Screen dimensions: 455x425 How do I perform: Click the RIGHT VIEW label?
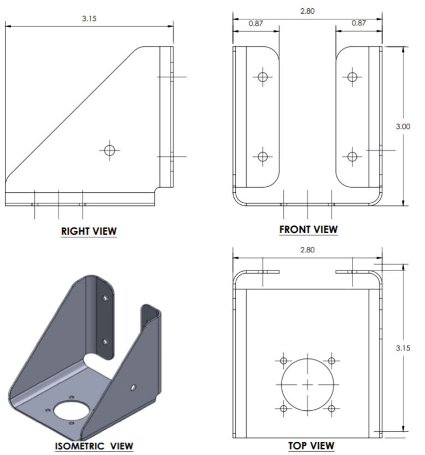pos(89,231)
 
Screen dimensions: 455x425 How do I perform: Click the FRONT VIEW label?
pos(308,229)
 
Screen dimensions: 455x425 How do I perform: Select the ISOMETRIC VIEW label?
pos(94,446)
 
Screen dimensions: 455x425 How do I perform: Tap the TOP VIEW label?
pos(311,445)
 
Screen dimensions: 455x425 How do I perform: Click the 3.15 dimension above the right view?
pos(89,18)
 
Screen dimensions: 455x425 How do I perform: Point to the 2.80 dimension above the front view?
pos(308,10)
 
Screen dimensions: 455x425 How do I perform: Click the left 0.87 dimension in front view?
pos(256,23)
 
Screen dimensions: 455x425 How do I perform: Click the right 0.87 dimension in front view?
pos(359,23)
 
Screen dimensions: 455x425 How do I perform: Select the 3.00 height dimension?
pos(403,126)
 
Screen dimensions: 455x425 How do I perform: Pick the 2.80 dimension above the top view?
pos(307,250)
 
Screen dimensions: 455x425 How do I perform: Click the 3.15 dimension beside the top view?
pos(403,348)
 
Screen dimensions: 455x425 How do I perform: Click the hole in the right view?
pos(110,150)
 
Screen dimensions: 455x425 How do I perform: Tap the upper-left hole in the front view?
pos(262,77)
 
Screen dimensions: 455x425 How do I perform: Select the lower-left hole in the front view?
pos(262,157)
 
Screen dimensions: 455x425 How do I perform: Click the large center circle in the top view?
pos(308,385)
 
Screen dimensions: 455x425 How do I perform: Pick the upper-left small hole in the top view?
pos(283,361)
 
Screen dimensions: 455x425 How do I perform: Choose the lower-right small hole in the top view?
pos(331,409)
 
